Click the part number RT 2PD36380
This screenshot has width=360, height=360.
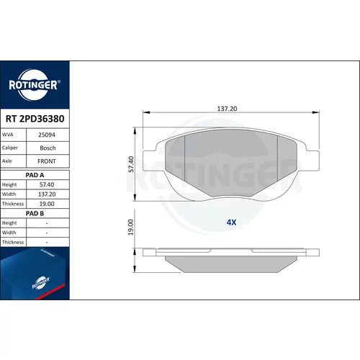(35, 119)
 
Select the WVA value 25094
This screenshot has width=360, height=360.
(47, 135)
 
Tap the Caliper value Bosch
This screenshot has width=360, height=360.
(48, 148)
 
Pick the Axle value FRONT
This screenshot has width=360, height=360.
(47, 161)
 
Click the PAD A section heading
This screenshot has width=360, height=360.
(35, 175)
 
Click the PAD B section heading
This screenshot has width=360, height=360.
(35, 214)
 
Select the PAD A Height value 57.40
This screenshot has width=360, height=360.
(47, 184)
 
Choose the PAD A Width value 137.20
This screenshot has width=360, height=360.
(47, 194)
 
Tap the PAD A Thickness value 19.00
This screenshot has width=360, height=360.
(47, 204)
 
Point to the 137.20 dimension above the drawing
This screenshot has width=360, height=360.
(227, 109)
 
